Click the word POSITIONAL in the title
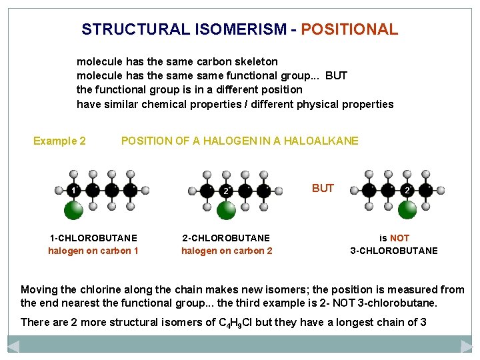(x=349, y=29)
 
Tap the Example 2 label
(x=59, y=141)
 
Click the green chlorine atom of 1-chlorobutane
(x=73, y=211)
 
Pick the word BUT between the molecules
(x=323, y=188)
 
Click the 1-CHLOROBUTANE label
(x=93, y=238)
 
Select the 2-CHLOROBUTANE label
(x=227, y=238)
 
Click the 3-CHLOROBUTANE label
(x=394, y=251)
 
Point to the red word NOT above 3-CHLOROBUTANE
(x=399, y=238)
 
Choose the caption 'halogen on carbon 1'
(x=93, y=251)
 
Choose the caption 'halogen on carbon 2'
(x=227, y=251)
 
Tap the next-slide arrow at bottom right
(x=467, y=346)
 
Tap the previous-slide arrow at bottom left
(x=13, y=346)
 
